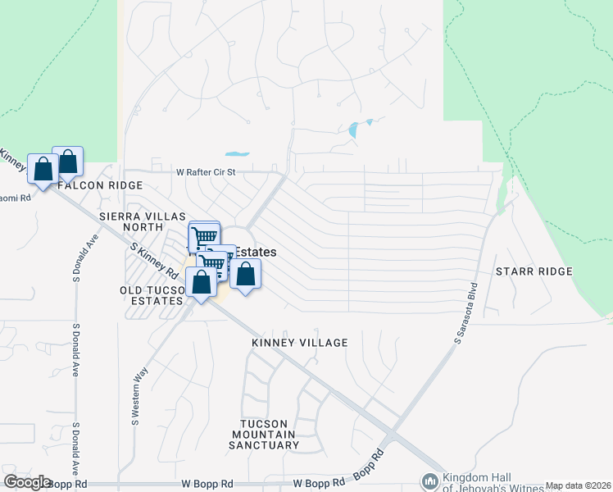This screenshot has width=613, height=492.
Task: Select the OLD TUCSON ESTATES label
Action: (152, 295)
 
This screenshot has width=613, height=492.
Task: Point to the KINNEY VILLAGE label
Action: (300, 343)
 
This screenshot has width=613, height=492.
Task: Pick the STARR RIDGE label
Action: (534, 271)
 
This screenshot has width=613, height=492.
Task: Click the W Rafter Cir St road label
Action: (206, 173)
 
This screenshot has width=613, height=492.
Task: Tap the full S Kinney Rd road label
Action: (154, 260)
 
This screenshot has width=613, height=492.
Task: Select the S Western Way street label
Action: (136, 398)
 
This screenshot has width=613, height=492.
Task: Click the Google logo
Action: (27, 482)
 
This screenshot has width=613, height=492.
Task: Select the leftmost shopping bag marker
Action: (43, 169)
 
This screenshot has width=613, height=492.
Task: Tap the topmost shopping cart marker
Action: (204, 236)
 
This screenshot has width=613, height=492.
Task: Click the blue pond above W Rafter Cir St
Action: (237, 153)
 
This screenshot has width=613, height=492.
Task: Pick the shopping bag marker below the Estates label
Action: (245, 274)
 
